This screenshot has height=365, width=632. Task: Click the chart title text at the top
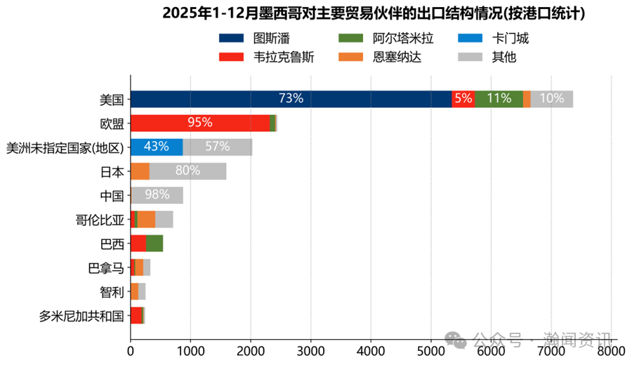tap(374, 13)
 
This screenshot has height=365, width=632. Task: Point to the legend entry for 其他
tap(487, 57)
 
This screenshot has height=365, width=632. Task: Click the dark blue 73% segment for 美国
tap(291, 99)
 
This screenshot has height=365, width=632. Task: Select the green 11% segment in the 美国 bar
tap(499, 99)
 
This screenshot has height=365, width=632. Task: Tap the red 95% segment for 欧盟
tap(199, 123)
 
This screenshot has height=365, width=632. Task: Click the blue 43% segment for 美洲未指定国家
tap(156, 147)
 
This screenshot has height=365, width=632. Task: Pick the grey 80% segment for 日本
tap(187, 171)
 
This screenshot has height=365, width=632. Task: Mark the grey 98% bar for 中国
tap(157, 195)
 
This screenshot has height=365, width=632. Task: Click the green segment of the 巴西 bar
tap(154, 244)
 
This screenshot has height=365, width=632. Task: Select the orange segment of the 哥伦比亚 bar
tap(146, 219)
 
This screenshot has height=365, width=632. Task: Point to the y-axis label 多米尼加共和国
tap(81, 316)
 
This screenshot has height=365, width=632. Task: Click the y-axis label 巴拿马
tap(105, 267)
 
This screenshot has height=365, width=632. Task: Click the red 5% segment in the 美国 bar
tap(463, 99)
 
